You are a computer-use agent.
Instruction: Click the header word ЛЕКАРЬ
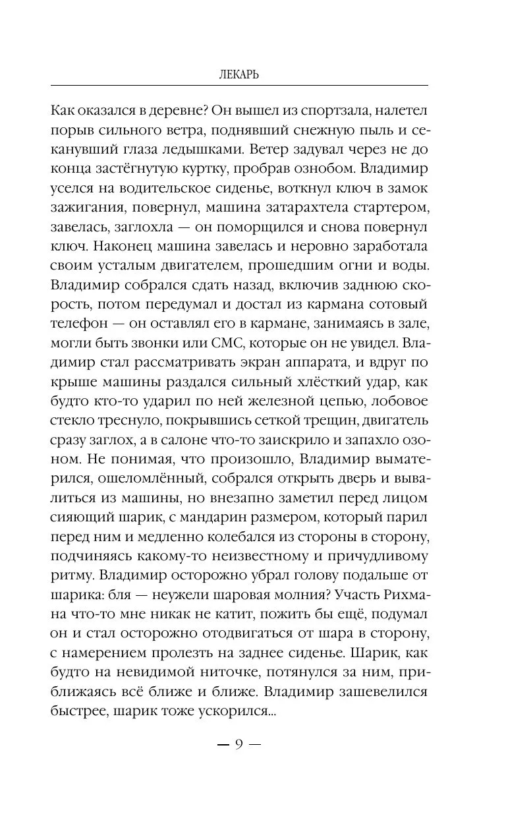(239, 74)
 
